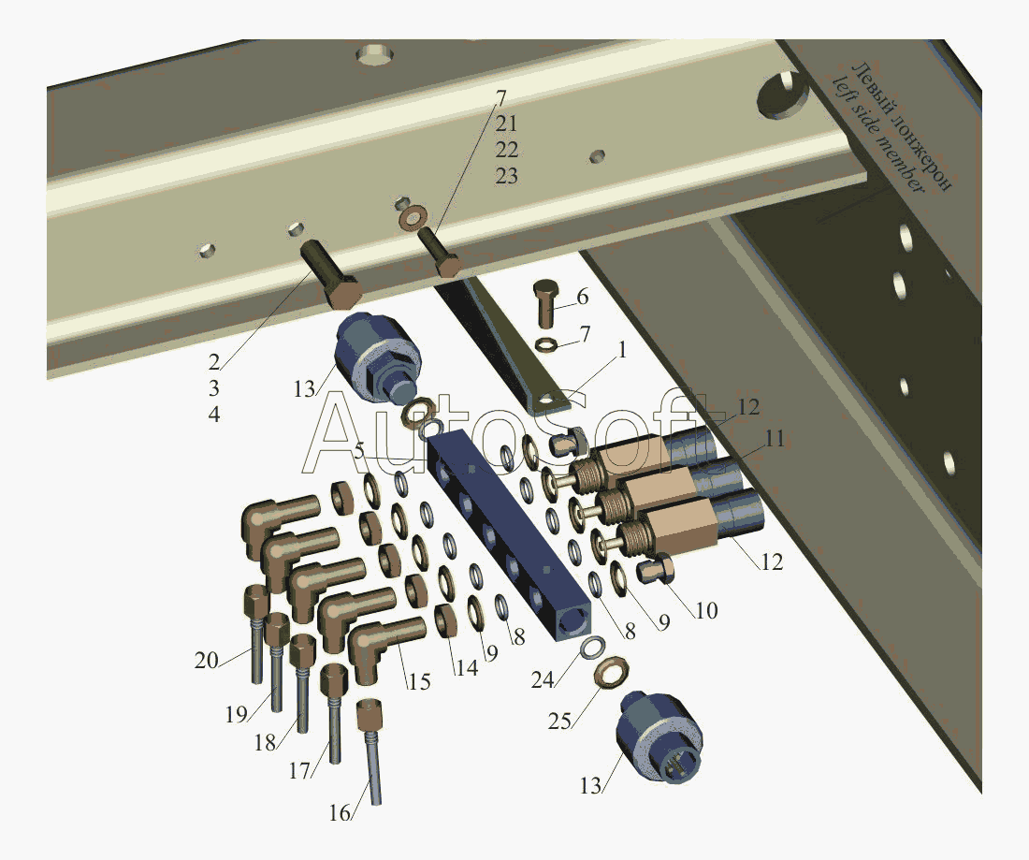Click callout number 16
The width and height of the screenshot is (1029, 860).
pos(340,812)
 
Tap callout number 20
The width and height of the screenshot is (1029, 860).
pos(206,660)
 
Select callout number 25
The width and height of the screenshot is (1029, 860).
pos(559,721)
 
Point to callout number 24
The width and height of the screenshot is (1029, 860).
pos(543,680)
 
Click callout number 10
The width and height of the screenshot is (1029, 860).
pos(706,610)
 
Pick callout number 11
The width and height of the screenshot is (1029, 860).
pos(775,438)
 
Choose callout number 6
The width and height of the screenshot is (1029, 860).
pos(582,297)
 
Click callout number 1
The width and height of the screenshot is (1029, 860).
pos(621,351)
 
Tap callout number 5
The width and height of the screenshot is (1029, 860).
pos(358,452)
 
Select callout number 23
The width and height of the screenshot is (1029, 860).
pos(506,176)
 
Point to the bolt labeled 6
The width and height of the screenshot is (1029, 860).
pos(545,303)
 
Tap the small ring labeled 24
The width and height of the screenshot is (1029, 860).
pos(590,648)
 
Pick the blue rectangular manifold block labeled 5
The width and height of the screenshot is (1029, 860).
pos(509,535)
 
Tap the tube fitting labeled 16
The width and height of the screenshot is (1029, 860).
pos(370,751)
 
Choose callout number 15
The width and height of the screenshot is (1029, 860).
pos(419,682)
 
